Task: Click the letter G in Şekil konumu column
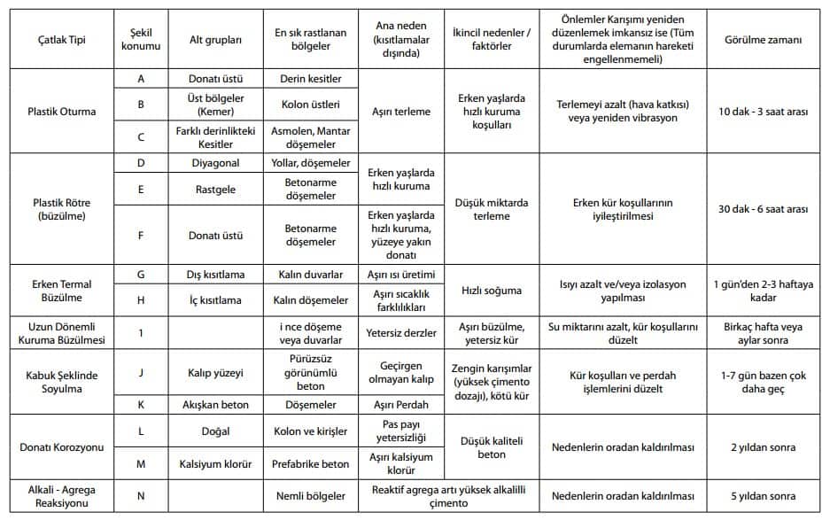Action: pyautogui.click(x=141, y=275)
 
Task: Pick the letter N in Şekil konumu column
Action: pyautogui.click(x=141, y=495)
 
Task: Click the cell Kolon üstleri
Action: pyautogui.click(x=310, y=105)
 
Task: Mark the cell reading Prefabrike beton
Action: pyautogui.click(x=310, y=464)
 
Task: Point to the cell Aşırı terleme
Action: pyautogui.click(x=401, y=112)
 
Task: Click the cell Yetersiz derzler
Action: pyautogui.click(x=401, y=332)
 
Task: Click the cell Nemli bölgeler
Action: pyautogui.click(x=310, y=495)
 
